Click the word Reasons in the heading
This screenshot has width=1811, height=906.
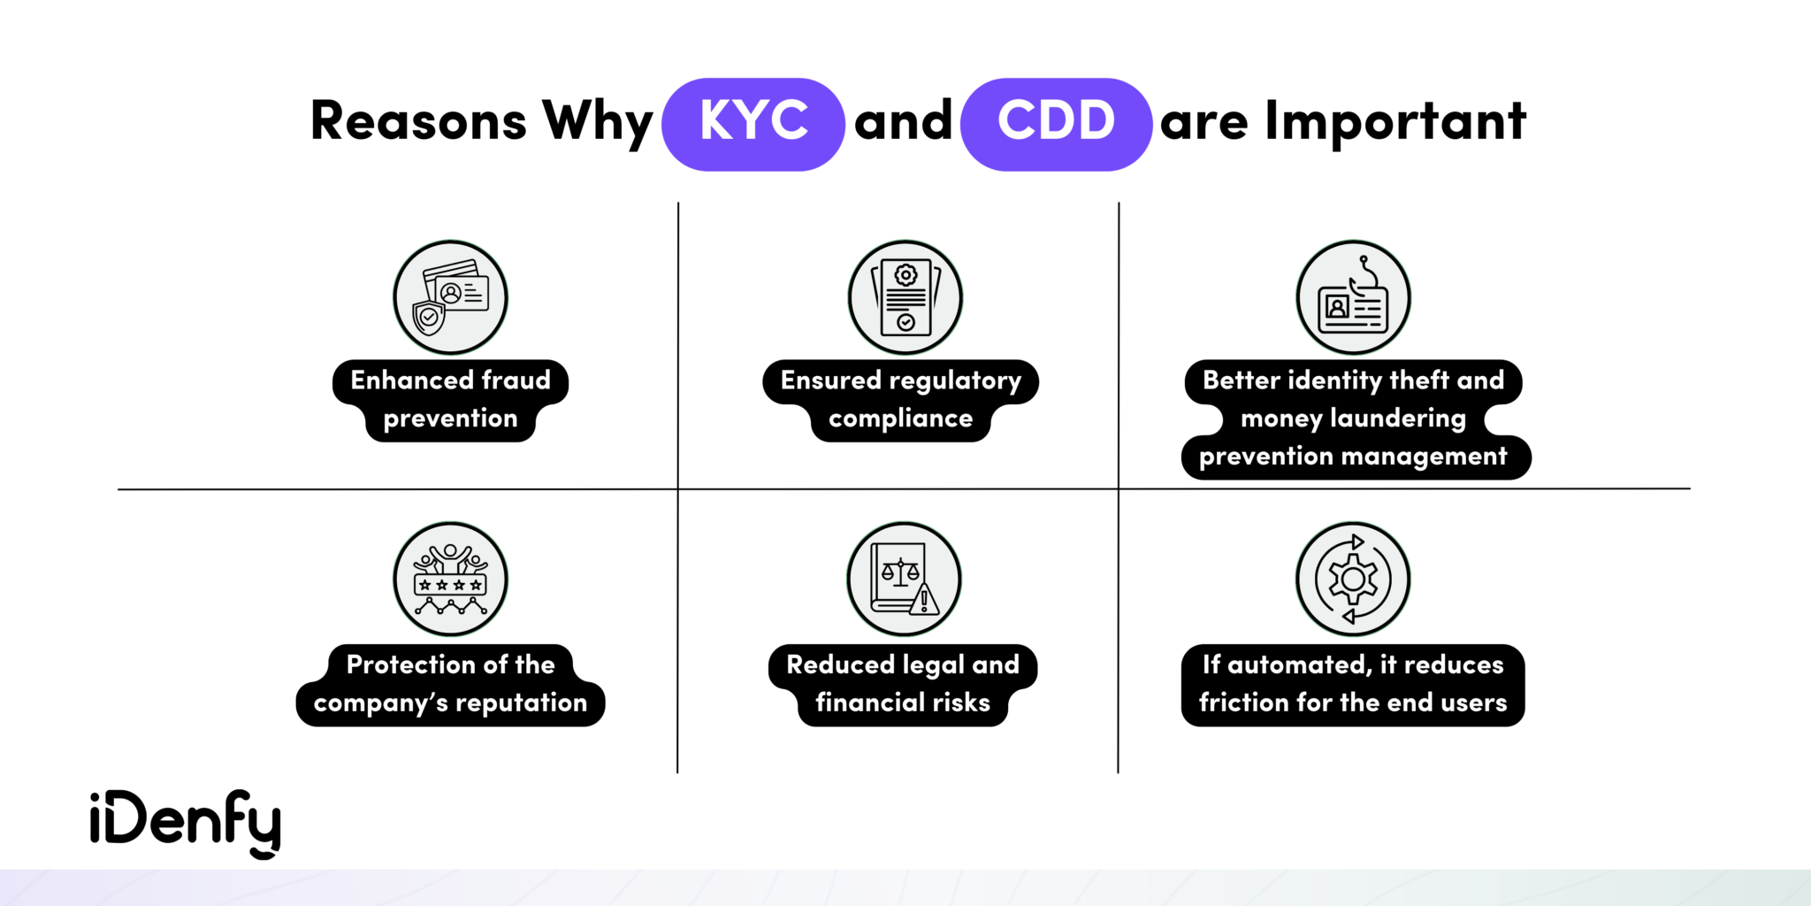tap(418, 121)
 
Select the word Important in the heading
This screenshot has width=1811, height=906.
tap(1395, 121)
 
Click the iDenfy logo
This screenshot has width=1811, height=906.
tap(186, 823)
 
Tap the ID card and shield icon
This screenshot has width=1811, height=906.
tap(451, 297)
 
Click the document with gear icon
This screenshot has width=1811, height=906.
tap(905, 297)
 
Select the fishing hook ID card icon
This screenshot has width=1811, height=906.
tap(1353, 297)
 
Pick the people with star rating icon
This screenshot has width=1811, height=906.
tap(451, 579)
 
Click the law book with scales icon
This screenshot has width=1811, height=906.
tap(904, 579)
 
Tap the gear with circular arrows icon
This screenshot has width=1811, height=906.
tap(1353, 579)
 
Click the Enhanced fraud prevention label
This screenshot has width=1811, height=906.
tap(451, 400)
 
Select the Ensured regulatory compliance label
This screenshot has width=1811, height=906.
tap(901, 400)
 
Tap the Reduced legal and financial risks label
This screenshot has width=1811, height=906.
tap(903, 684)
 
